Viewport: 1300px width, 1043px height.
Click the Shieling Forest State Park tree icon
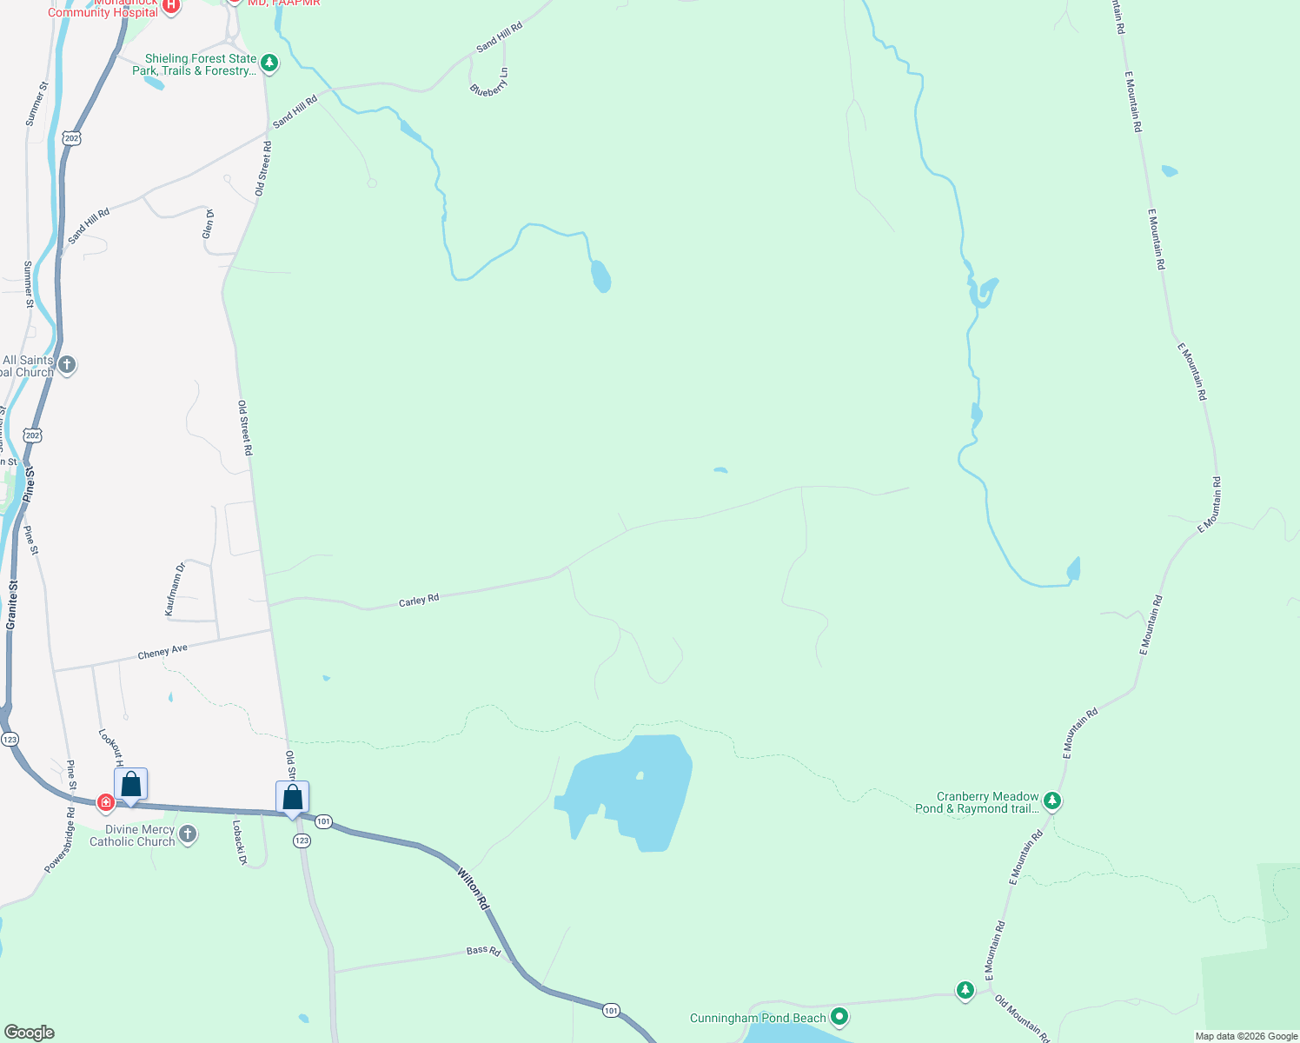coord(269,63)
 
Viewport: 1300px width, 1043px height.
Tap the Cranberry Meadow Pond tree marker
coord(1052,801)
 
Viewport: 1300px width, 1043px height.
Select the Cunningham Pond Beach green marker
coord(839,1016)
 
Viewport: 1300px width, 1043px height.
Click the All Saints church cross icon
coord(67,365)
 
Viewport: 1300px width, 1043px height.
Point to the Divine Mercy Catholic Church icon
coord(187,834)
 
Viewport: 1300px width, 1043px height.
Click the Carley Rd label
coord(419,601)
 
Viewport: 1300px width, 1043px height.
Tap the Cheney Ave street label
coord(162,652)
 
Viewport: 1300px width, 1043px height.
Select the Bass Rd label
coord(483,951)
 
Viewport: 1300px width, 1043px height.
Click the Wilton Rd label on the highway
coord(473,887)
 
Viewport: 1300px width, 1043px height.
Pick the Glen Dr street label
coord(209,223)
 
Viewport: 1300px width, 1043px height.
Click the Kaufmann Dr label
coord(176,590)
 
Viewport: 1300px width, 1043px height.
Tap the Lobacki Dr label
coord(240,842)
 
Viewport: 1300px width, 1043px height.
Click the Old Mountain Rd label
coord(1022,1019)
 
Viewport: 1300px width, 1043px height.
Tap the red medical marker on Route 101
coord(106,801)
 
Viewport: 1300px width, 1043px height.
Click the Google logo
coord(29,1033)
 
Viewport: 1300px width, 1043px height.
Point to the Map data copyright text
coord(1246,1036)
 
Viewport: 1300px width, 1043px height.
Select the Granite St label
coord(11,605)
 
